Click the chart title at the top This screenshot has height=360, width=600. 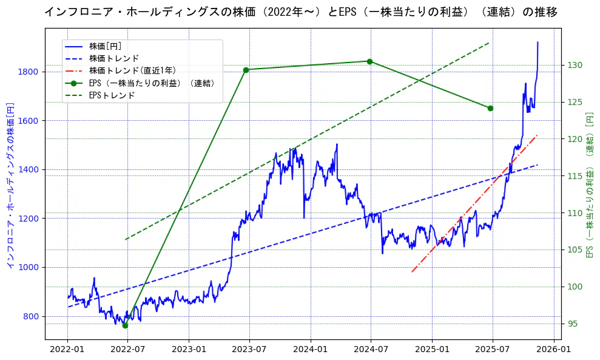coord(300,12)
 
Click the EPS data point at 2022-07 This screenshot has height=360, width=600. coord(125,325)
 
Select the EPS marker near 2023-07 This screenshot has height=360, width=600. coord(246,70)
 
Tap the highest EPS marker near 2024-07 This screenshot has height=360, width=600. coord(369,61)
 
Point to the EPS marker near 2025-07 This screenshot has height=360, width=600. coord(490,108)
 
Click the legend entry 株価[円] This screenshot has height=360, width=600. coord(106,46)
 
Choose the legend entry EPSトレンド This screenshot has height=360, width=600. coord(112,95)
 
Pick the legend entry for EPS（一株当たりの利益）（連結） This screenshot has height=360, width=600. coord(152,83)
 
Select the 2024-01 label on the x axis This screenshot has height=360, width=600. coord(311,350)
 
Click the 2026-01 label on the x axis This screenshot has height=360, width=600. coord(554,350)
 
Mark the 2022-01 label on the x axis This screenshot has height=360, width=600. coord(67,350)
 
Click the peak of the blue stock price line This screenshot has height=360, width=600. coord(538,42)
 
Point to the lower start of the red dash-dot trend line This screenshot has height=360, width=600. coord(412,271)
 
